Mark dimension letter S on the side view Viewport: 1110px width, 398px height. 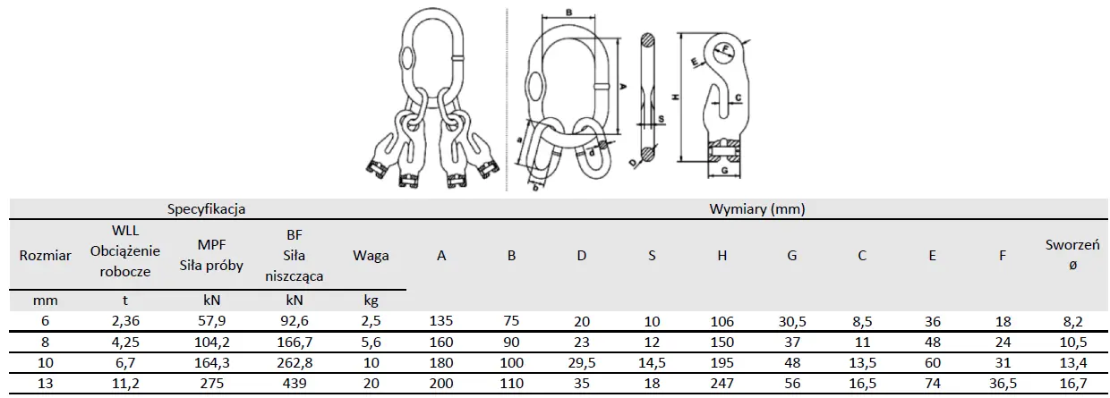pyautogui.click(x=661, y=117)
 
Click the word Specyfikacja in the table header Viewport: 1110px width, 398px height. pyautogui.click(x=208, y=209)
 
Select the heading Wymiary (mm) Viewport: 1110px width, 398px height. pyautogui.click(x=756, y=209)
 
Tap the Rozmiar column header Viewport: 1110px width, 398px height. pyautogui.click(x=46, y=256)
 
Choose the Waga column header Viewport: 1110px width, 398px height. pyautogui.click(x=371, y=256)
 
